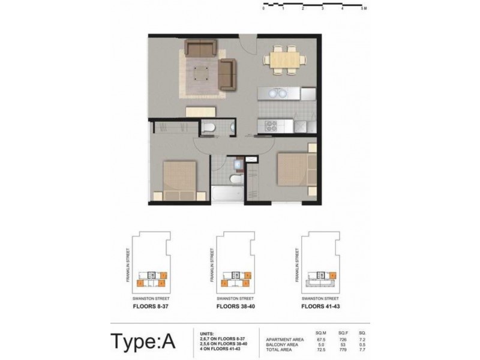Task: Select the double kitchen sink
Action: pyautogui.click(x=277, y=94)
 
